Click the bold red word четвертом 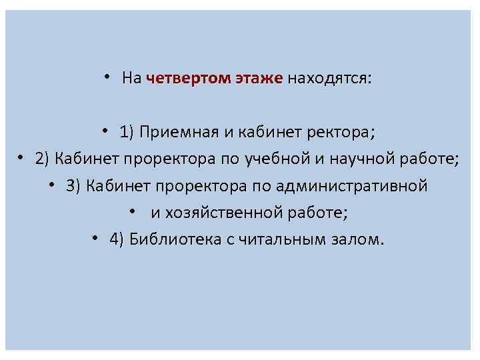pos(188,79)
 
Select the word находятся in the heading pos(329,79)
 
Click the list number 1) pos(128,131)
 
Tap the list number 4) pos(117,239)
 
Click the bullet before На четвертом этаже pos(107,77)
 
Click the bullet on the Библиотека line pos(96,238)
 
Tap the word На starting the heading pos(131,79)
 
